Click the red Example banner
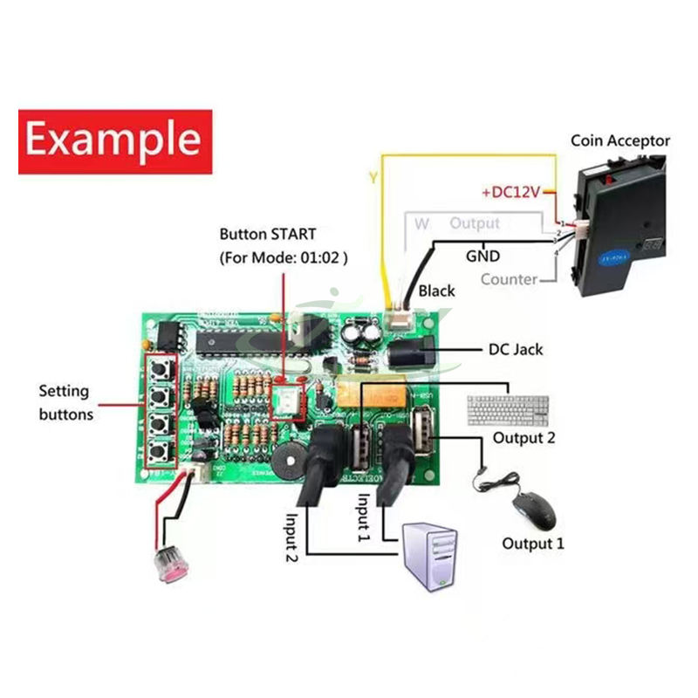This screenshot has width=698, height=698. [x=115, y=140]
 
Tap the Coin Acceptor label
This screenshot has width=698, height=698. [x=620, y=140]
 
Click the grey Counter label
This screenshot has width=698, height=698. [x=508, y=279]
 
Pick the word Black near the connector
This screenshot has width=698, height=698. [x=436, y=291]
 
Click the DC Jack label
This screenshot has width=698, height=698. [x=515, y=349]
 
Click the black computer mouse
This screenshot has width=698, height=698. [x=533, y=509]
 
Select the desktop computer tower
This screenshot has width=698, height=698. [x=431, y=558]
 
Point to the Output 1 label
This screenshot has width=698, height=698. [x=532, y=544]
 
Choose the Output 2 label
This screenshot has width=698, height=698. [x=523, y=438]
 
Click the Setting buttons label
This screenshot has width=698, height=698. [x=65, y=402]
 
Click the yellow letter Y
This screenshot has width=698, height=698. [x=373, y=179]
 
